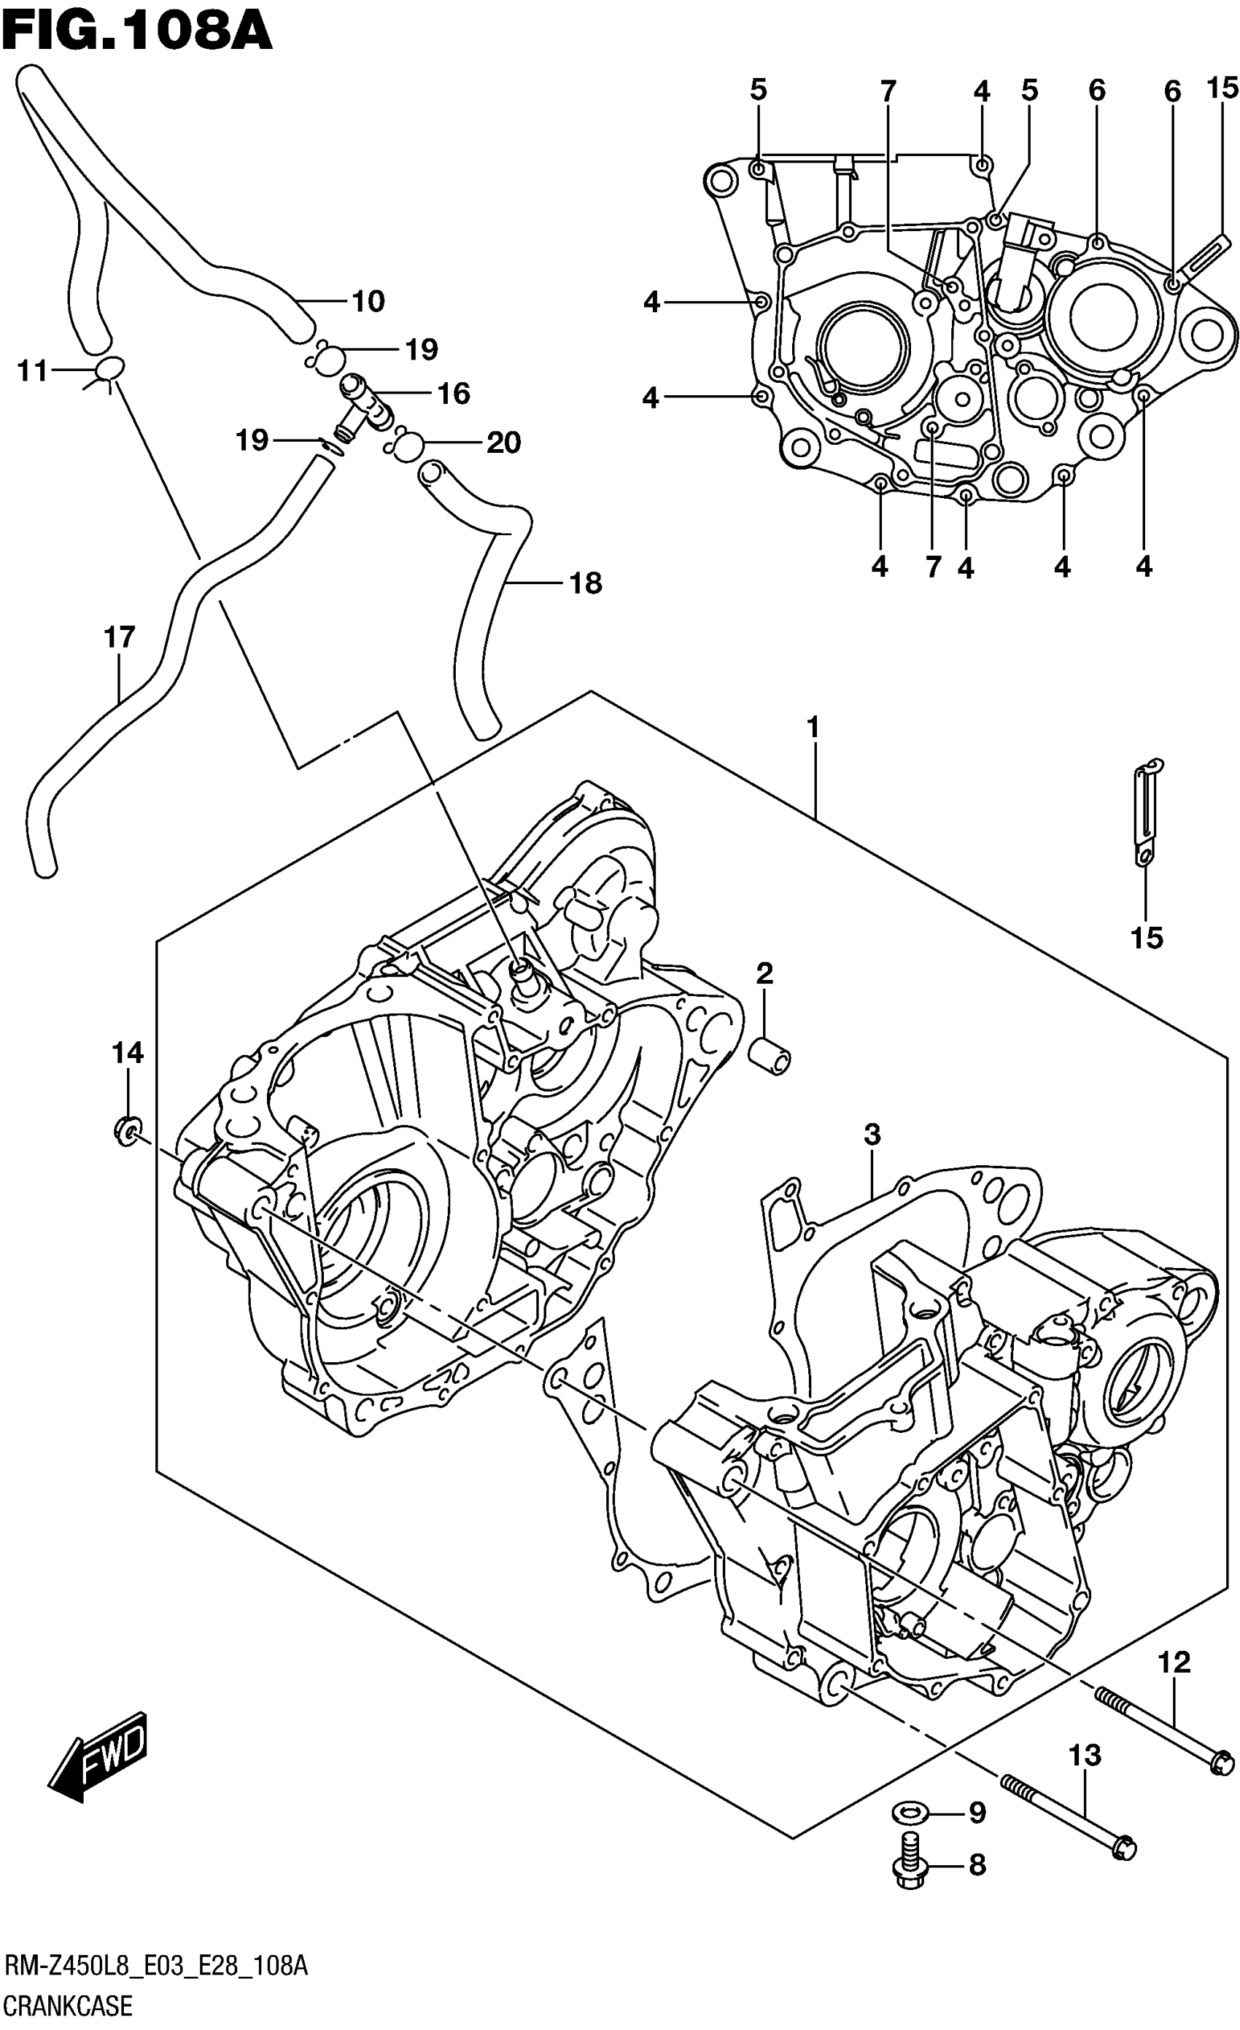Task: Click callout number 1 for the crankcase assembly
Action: [813, 728]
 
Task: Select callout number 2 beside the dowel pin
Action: [764, 974]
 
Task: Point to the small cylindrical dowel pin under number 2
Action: [770, 1055]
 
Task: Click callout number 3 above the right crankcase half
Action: [872, 1135]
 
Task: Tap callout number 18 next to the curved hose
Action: [586, 583]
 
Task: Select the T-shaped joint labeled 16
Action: [363, 400]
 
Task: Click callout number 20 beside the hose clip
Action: [503, 443]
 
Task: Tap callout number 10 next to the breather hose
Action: [368, 302]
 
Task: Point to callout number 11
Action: [33, 372]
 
